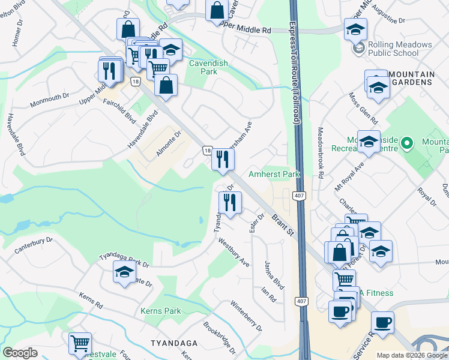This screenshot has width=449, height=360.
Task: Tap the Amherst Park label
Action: pyautogui.click(x=274, y=175)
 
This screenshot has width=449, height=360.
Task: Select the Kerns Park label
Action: pyautogui.click(x=160, y=311)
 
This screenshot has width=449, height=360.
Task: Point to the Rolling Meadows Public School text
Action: pyautogui.click(x=400, y=49)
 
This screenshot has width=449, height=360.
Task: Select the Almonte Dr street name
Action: pyautogui.click(x=168, y=145)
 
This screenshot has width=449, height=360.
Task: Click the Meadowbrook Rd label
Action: pyautogui.click(x=321, y=152)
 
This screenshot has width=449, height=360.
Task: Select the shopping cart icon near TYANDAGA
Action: pyautogui.click(x=80, y=343)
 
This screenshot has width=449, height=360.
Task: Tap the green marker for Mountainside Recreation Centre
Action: pyautogui.click(x=407, y=143)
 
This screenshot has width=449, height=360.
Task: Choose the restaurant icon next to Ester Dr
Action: pyautogui.click(x=230, y=203)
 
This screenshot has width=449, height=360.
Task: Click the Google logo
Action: pyautogui.click(x=20, y=353)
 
